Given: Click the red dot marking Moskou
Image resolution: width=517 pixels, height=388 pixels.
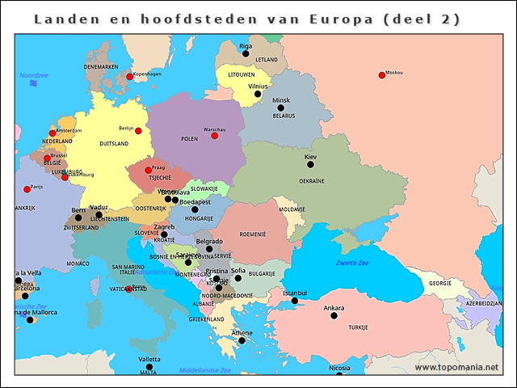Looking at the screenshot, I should point(382,75).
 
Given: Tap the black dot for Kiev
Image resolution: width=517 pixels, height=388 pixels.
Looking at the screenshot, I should point(310,164).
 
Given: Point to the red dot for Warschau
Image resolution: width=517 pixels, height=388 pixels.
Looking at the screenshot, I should point(214,136).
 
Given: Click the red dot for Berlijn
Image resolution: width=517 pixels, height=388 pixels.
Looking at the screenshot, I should point(138,131).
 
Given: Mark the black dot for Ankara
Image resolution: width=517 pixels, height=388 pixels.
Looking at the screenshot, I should point(334,315).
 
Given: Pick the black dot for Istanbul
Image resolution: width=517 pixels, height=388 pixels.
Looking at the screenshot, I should point(295,301).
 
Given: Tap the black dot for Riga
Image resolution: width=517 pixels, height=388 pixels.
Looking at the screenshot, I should point(246,54).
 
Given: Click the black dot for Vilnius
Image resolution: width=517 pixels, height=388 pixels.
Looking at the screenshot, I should point(258,94).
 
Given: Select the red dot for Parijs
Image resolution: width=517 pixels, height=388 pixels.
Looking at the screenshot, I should point(27,190).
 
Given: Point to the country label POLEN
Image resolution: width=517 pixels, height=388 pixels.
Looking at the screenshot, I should point(190,139).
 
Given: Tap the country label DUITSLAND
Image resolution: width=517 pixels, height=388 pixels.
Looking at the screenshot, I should point(114,143).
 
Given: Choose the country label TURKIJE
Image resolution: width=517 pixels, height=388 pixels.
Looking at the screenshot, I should point(358,328).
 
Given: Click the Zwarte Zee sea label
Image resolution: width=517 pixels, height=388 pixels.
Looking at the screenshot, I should point(352,263).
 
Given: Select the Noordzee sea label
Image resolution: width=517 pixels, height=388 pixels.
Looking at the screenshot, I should point(34,74).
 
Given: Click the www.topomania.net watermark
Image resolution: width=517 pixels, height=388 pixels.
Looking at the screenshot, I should point(456,368).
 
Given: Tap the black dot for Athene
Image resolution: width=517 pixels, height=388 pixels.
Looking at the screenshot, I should point(242,340).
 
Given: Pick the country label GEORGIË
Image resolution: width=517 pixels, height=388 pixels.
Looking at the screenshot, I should point(440,283).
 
